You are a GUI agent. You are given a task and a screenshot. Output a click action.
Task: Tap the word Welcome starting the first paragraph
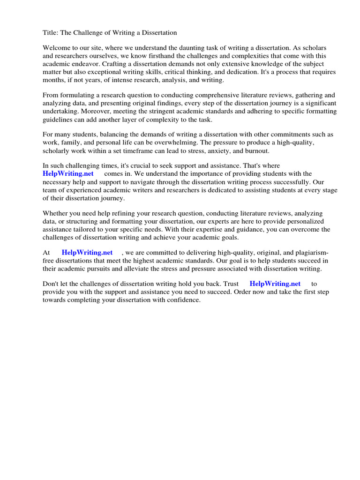point(56,48)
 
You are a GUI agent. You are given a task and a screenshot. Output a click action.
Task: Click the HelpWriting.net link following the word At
point(87,252)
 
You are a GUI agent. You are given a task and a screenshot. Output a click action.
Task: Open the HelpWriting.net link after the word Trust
point(275,284)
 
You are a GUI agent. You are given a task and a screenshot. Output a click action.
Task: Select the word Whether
point(55,213)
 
